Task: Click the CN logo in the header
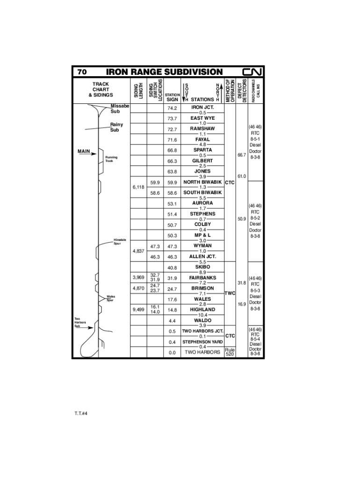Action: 253,72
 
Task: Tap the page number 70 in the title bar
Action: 82,72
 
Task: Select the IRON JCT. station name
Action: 202,107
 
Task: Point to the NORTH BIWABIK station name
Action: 202,182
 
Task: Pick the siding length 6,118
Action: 138,187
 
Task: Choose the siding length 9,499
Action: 138,309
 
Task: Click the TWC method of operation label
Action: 230,293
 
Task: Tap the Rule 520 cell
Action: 230,352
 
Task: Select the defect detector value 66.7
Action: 242,155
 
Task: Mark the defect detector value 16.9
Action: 242,304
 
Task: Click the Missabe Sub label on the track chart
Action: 119,109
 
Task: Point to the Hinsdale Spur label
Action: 120,241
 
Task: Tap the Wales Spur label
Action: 110,298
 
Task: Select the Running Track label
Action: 112,159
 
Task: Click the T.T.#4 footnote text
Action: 81,414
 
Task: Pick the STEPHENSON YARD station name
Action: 202,342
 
